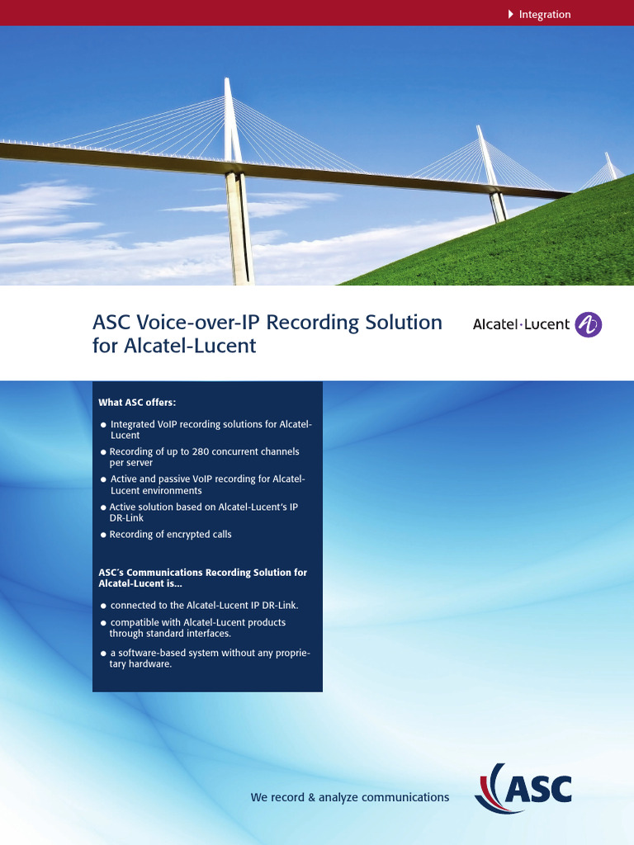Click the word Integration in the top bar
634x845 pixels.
click(544, 14)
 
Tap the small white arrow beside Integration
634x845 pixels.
click(511, 14)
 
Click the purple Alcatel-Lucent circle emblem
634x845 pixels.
click(588, 324)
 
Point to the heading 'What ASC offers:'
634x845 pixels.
click(137, 403)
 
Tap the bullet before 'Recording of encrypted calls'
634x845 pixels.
click(103, 535)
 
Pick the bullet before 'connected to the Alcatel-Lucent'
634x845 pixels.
click(103, 606)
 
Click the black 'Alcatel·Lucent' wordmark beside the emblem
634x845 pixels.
click(521, 324)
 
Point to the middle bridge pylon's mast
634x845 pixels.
click(486, 157)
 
